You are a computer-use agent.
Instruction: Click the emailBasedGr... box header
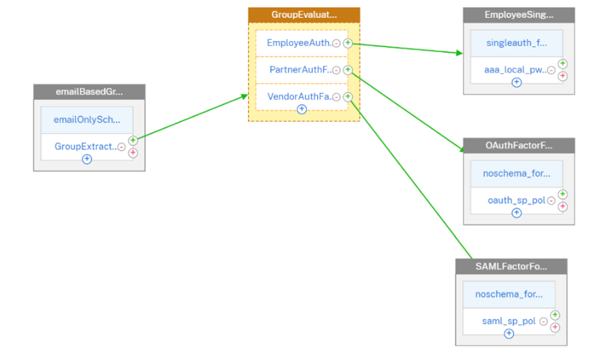(89, 91)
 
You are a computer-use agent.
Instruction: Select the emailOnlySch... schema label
(87, 120)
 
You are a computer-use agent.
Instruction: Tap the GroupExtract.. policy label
(86, 147)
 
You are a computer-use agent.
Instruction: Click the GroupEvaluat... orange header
(304, 14)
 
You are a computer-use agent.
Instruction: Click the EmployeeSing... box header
(519, 14)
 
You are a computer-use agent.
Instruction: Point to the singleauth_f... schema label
(516, 43)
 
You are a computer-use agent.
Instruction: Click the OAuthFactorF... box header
(519, 145)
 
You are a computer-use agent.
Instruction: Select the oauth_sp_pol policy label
(516, 200)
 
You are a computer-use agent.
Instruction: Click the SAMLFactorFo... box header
(511, 265)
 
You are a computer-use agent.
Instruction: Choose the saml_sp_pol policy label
(509, 321)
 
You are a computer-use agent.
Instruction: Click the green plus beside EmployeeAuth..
(348, 43)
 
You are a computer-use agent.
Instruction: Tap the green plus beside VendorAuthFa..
(348, 97)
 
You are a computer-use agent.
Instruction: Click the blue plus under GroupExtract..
(87, 159)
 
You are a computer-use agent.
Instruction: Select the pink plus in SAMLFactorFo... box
(555, 327)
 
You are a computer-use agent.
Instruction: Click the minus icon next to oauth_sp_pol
(551, 201)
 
